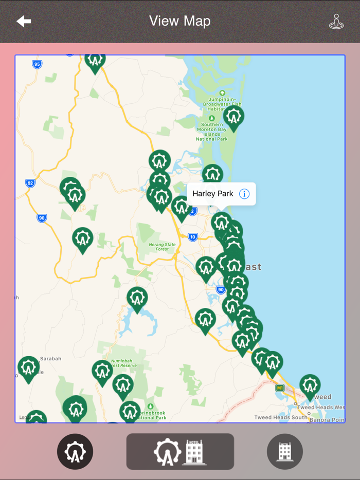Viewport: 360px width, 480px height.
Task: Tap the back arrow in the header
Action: pyautogui.click(x=24, y=21)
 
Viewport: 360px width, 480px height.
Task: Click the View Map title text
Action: pyautogui.click(x=179, y=21)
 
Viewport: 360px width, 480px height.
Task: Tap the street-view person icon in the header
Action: pyautogui.click(x=336, y=22)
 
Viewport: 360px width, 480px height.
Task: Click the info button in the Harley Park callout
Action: pyautogui.click(x=244, y=194)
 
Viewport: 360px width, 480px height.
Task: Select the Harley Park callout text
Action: pyautogui.click(x=213, y=194)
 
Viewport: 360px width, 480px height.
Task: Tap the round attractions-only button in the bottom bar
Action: pyautogui.click(x=75, y=451)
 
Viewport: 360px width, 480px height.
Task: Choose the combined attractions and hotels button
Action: pyautogui.click(x=180, y=451)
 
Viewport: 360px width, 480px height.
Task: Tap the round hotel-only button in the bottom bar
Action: pyautogui.click(x=285, y=451)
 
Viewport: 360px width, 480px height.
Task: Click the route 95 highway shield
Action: pyautogui.click(x=37, y=64)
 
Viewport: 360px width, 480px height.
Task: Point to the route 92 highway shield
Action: pyautogui.click(x=30, y=183)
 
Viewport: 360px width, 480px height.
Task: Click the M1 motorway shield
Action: pyautogui.click(x=280, y=388)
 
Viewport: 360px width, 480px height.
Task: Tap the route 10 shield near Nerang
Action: pyautogui.click(x=192, y=237)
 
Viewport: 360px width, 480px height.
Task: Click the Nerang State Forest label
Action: pyautogui.click(x=162, y=247)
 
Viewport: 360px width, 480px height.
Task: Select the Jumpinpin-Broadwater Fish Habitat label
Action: pyautogui.click(x=222, y=102)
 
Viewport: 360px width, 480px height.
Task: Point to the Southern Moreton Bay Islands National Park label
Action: pyautogui.click(x=212, y=132)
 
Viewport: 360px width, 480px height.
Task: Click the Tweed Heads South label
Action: pyautogui.click(x=281, y=417)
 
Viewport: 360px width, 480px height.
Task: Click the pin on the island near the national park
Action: pyautogui.click(x=233, y=117)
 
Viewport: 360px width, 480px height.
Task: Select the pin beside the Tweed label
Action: pyautogui.click(x=310, y=385)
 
